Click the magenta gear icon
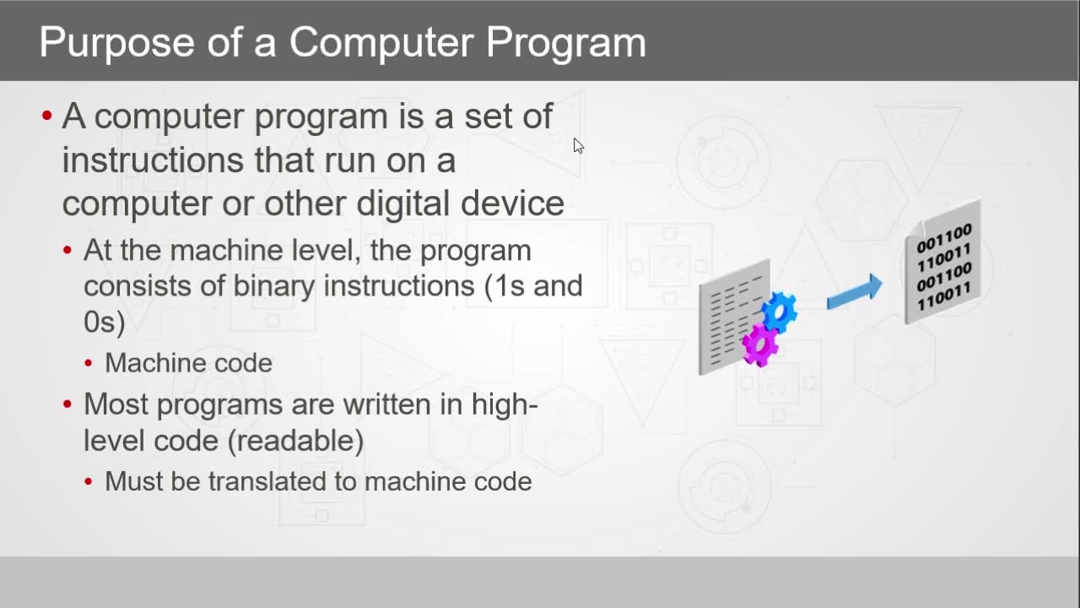[760, 345]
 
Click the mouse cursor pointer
[579, 146]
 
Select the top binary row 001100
[943, 238]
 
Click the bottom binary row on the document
[943, 296]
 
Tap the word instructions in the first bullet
[153, 160]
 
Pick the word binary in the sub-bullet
[274, 285]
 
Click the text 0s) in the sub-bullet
[104, 322]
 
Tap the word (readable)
[295, 441]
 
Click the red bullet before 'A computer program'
[46, 116]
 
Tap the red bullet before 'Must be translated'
[89, 481]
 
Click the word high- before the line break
[505, 404]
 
